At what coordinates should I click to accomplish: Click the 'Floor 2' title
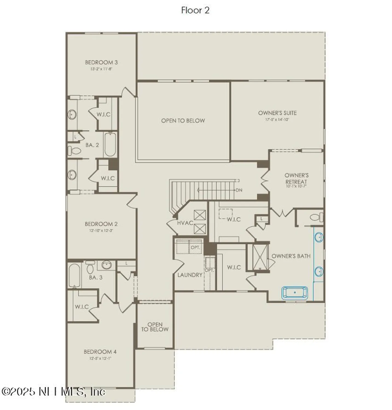tap(195, 10)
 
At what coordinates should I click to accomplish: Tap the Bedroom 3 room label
tap(101, 63)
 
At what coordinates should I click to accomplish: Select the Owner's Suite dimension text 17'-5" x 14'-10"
tap(277, 119)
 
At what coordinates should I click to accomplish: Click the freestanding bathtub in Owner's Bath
tap(295, 292)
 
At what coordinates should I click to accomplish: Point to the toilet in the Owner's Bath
tap(316, 218)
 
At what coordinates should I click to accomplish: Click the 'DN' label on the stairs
tap(239, 190)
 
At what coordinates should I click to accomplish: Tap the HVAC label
tap(185, 223)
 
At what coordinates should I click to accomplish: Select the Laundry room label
tap(190, 275)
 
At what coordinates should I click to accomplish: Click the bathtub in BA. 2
tap(110, 145)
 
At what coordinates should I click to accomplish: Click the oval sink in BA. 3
tap(106, 265)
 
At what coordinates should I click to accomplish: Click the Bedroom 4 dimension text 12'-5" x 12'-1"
tap(100, 358)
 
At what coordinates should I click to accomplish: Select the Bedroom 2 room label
tap(101, 224)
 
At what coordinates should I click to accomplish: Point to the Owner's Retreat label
tap(296, 178)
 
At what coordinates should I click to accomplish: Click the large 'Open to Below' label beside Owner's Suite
tap(183, 121)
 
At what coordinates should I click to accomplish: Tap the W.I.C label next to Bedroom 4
tap(82, 307)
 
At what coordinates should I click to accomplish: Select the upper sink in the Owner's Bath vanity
tap(319, 237)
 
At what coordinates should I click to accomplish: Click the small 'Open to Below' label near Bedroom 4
tap(155, 327)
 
